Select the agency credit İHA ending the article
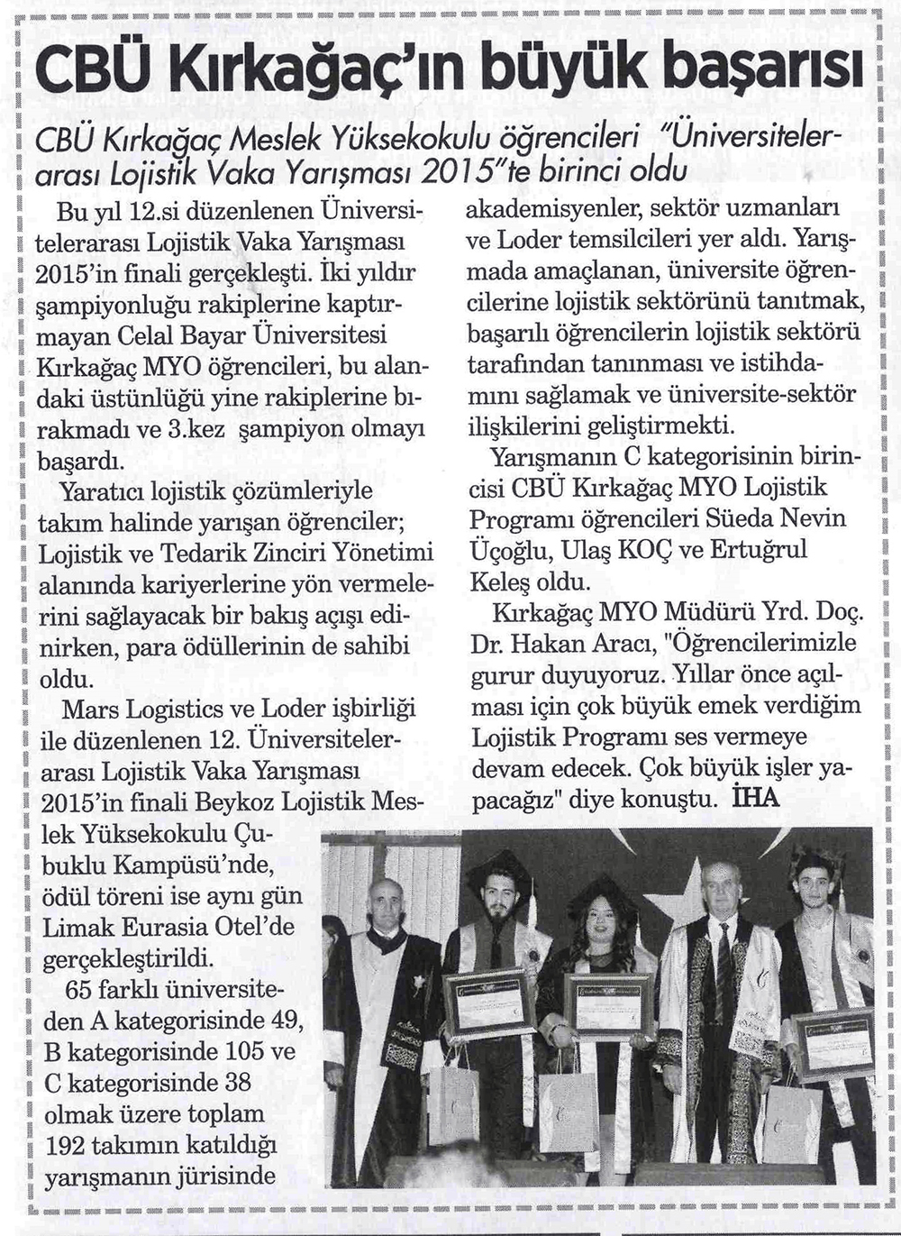(757, 798)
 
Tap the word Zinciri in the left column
(288, 552)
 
